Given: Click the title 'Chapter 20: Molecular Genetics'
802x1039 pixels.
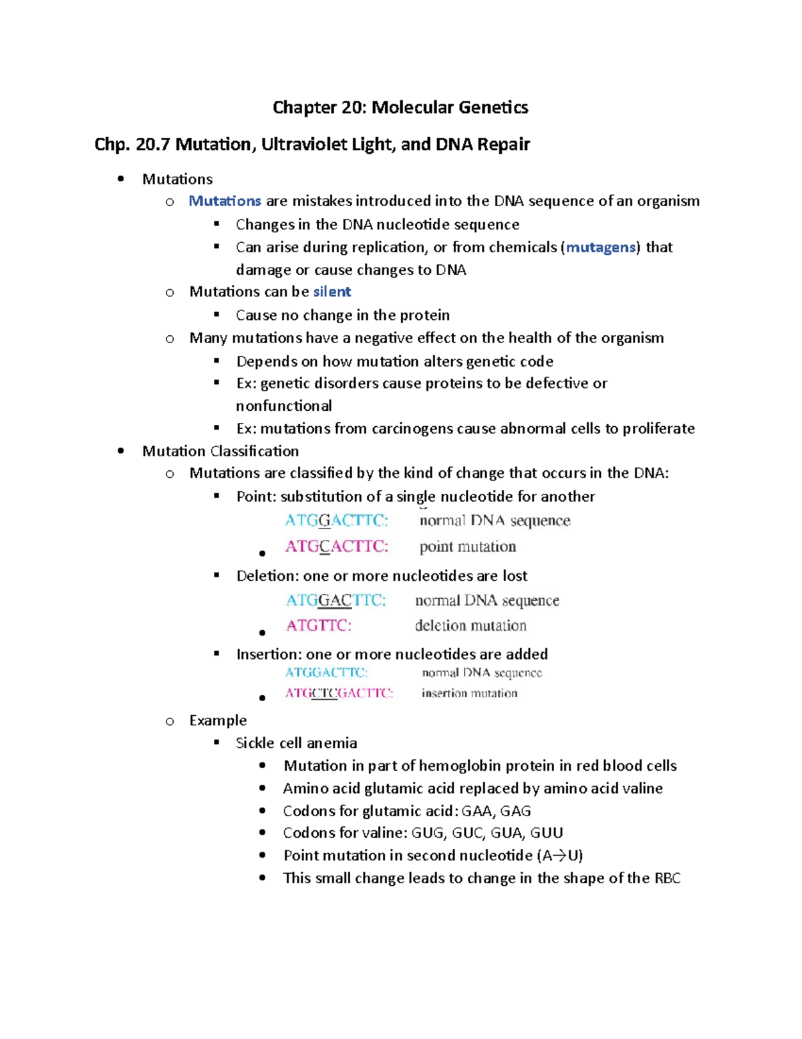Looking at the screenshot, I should [400, 108].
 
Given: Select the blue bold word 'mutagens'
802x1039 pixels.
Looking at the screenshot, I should [600, 248].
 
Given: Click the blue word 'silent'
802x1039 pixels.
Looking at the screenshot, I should [332, 292].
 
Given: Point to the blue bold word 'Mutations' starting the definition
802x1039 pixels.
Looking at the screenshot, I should [225, 201].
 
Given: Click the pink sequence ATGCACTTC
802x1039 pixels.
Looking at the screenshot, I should [336, 547].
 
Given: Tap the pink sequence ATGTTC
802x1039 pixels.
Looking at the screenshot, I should [319, 626].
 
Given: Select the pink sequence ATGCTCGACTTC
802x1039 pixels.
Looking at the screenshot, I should [339, 693].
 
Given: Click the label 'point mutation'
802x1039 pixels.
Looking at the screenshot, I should [468, 547].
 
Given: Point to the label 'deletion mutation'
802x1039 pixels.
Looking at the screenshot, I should [471, 626].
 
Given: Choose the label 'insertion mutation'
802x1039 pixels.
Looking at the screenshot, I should [469, 693].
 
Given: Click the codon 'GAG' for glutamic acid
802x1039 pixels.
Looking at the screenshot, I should [515, 811].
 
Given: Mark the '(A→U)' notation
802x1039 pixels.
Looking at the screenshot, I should [560, 856].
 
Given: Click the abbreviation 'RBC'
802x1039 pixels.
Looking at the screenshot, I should [667, 878].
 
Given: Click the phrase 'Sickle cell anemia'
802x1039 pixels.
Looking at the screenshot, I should [296, 743].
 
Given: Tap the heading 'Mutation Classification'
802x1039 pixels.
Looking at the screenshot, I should [221, 451].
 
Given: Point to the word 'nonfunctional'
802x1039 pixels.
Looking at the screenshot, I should [284, 406].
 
